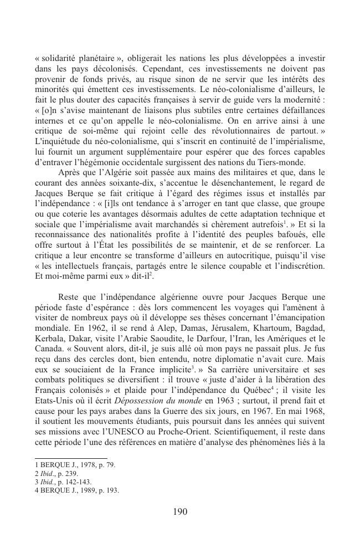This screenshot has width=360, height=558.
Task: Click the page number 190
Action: [180, 511]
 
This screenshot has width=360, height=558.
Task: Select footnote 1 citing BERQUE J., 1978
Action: [75, 464]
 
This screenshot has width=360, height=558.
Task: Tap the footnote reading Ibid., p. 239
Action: [56, 473]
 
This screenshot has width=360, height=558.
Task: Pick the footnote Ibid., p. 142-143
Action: [63, 482]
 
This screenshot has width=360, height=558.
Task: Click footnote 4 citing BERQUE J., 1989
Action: [76, 490]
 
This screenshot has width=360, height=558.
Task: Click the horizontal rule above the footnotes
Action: [70, 458]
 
